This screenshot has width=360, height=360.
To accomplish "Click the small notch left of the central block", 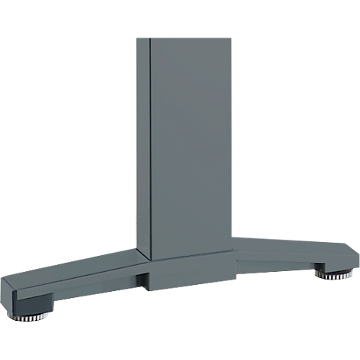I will click(142, 280).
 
